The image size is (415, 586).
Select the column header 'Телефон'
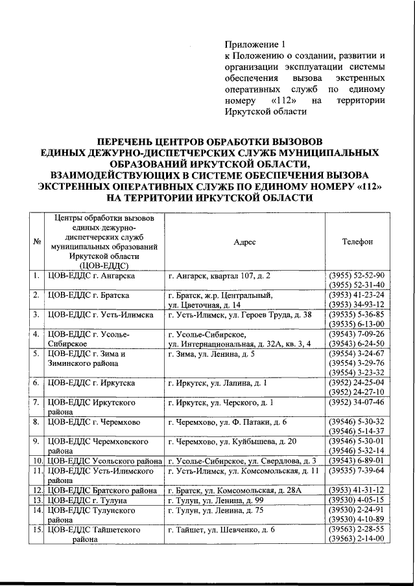click(x=357, y=242)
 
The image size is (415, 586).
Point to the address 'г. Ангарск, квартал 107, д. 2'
click(x=219, y=276)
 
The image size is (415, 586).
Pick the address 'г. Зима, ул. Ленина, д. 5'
click(x=211, y=354)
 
